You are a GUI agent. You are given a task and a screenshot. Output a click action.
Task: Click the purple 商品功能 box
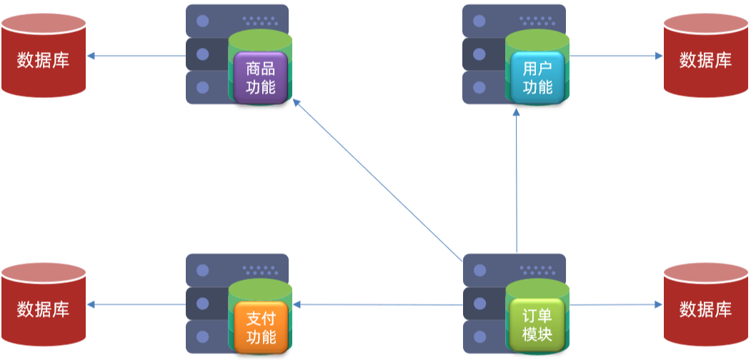tap(260, 79)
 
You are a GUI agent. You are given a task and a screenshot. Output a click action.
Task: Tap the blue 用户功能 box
tap(537, 79)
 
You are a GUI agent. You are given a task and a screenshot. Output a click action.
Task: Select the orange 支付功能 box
tap(260, 327)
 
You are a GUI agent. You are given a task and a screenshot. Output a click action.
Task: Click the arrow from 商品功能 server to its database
tap(136, 56)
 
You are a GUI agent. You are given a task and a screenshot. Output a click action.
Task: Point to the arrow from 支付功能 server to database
tap(136, 305)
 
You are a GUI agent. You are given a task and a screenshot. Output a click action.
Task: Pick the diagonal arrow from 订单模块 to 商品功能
tap(379, 181)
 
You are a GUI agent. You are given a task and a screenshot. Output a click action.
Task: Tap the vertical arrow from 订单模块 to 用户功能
tap(516, 181)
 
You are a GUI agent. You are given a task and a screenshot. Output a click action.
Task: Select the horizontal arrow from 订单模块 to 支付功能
tap(379, 305)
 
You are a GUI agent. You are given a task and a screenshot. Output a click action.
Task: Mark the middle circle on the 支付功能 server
tap(202, 304)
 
